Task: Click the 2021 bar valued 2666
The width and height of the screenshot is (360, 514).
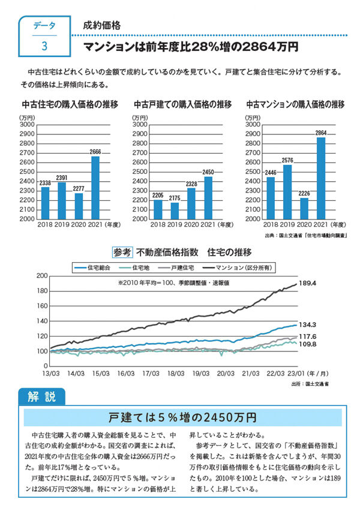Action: click(95, 188)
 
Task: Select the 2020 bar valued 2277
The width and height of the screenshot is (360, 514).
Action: click(79, 206)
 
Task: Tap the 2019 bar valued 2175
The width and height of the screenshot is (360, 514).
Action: click(175, 211)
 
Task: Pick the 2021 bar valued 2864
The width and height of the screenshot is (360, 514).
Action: click(320, 178)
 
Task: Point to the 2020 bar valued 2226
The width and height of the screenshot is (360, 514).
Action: click(304, 208)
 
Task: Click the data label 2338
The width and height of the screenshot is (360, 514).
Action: click(45, 183)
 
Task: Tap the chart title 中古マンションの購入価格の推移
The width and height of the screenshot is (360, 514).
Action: click(295, 103)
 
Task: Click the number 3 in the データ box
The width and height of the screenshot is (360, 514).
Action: click(44, 46)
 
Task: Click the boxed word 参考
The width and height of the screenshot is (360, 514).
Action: click(122, 251)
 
